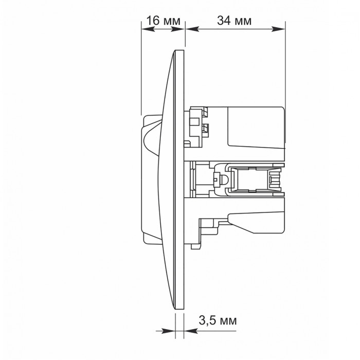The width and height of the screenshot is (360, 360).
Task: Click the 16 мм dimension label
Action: pyautogui.click(x=163, y=21)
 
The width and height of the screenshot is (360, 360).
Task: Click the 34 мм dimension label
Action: pyautogui.click(x=234, y=21)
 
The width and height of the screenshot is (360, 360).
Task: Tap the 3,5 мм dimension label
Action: pyautogui.click(x=218, y=320)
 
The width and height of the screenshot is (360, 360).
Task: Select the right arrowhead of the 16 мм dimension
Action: pyautogui.click(x=178, y=29)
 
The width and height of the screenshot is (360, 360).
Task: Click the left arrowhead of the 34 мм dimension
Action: pyautogui.click(x=192, y=29)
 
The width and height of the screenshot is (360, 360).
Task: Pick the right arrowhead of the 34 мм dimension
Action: pyautogui.click(x=278, y=29)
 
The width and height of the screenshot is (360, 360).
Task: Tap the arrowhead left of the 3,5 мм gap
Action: pyautogui.click(x=168, y=331)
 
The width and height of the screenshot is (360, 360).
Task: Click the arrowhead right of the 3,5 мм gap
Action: pyautogui.click(x=191, y=331)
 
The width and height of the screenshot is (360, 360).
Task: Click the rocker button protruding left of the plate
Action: pyautogui.click(x=150, y=179)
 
